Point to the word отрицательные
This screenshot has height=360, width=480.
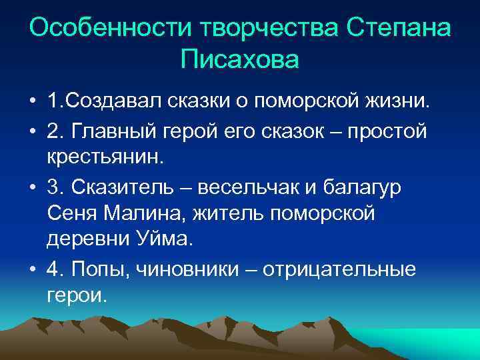point(339,269)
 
